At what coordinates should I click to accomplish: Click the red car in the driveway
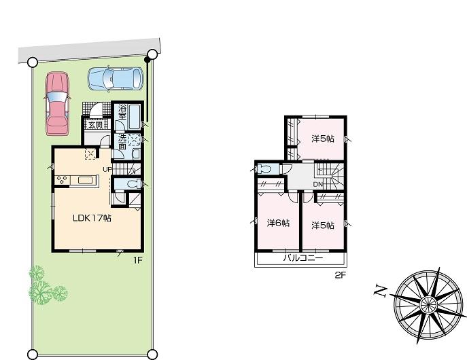tap(57, 104)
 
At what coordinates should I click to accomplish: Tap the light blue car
tap(116, 79)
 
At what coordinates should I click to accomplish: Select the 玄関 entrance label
tap(94, 124)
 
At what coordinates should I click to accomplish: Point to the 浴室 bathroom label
tap(122, 113)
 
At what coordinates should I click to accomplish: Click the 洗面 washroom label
tap(122, 142)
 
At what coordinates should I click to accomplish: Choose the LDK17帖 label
tap(92, 218)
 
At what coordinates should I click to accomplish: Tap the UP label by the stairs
tap(107, 168)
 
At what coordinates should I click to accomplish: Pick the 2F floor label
tap(340, 274)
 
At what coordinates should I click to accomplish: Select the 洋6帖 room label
tap(278, 223)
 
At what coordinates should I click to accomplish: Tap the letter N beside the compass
tap(381, 292)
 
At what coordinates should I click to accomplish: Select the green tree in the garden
tap(44, 285)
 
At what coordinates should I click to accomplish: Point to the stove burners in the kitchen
tap(62, 180)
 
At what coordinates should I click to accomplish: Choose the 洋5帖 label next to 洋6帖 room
tap(323, 226)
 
